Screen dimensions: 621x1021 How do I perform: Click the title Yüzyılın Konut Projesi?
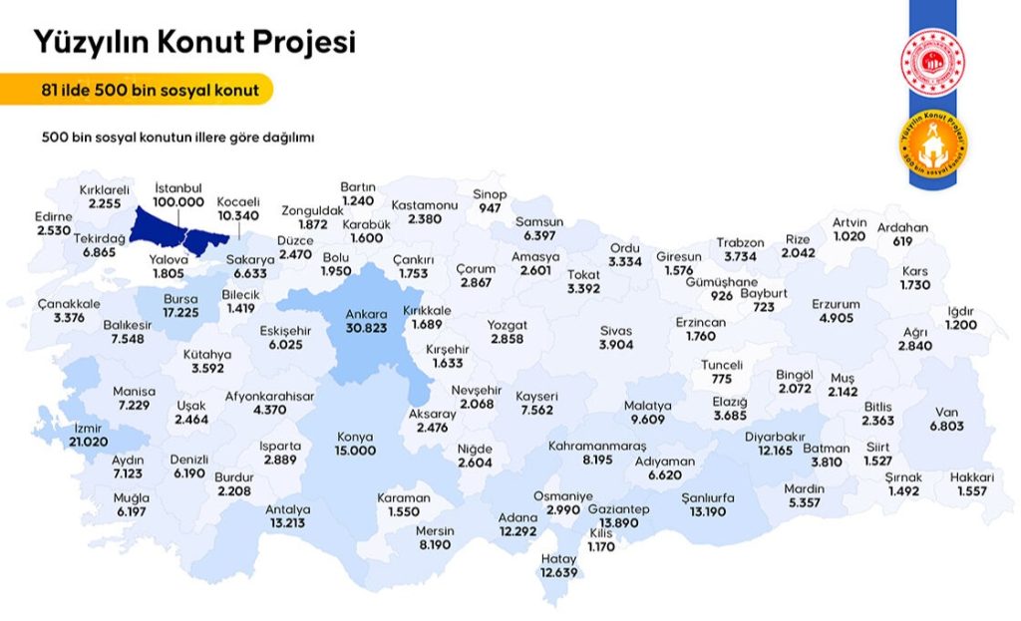(195, 42)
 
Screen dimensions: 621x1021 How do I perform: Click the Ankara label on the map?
(365, 314)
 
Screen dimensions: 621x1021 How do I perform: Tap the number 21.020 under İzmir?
(88, 441)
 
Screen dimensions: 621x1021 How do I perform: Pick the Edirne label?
(54, 217)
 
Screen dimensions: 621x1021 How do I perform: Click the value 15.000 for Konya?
(355, 451)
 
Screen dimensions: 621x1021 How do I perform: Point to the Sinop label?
(490, 194)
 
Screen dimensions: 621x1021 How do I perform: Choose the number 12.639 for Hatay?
(559, 572)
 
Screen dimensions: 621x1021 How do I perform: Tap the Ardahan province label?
(902, 228)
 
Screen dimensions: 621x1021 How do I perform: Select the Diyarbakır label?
(775, 437)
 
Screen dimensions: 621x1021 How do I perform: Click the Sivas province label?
(615, 330)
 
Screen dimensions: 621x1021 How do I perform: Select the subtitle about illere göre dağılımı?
(178, 137)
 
